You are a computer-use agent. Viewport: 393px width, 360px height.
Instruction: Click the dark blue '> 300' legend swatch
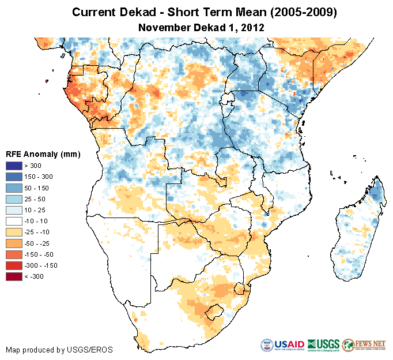point(14,166)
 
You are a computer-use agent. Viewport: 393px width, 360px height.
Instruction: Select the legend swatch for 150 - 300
point(14,177)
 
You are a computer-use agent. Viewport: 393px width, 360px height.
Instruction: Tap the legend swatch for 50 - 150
point(14,187)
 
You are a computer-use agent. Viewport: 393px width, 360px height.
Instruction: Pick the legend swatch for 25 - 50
point(14,198)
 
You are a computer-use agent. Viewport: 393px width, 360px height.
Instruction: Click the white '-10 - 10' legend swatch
point(14,221)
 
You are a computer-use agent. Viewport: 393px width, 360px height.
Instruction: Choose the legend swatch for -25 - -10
point(14,232)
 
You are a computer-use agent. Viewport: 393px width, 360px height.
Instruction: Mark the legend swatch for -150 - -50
point(14,254)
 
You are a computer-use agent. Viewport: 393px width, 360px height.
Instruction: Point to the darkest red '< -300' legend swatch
point(14,276)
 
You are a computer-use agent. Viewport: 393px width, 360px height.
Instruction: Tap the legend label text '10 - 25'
point(35,210)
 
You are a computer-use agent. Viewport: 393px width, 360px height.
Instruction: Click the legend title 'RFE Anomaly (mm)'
point(43,154)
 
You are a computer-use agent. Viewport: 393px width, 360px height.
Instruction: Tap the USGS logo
point(323,345)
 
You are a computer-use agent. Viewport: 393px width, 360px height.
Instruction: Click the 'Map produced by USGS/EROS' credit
point(59,350)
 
